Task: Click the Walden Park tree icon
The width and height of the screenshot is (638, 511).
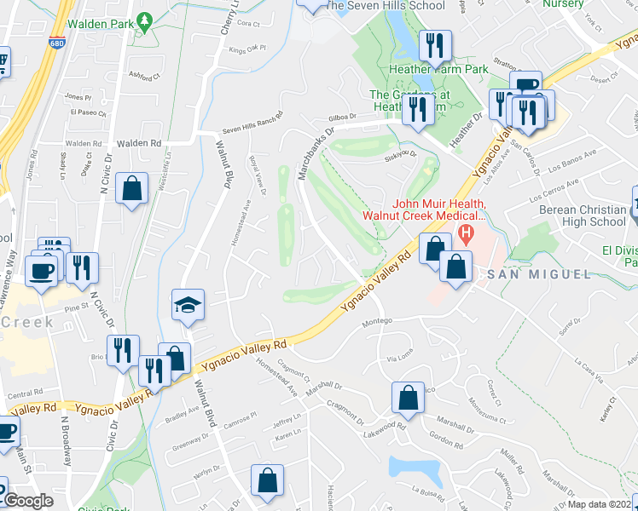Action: coord(145,20)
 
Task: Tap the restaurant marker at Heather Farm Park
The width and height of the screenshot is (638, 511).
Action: coord(436,47)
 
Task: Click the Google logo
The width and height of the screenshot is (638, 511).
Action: coord(29,501)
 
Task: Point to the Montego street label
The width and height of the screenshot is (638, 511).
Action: coord(377,321)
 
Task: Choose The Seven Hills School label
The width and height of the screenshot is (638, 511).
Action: coord(385,5)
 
